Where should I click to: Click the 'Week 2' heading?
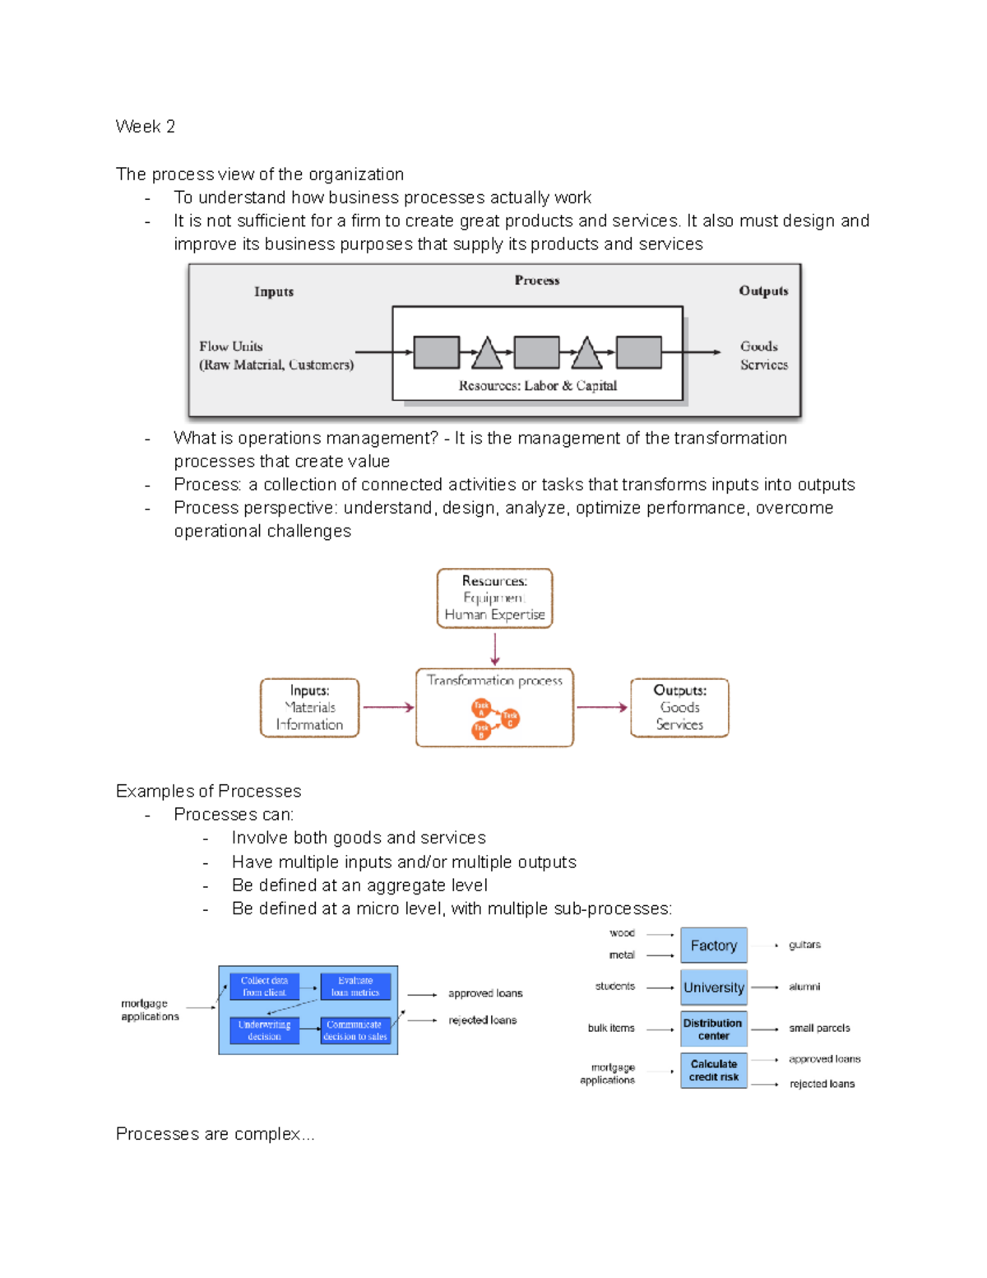pyautogui.click(x=145, y=127)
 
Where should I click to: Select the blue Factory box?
pyautogui.click(x=713, y=946)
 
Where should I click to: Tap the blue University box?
pyautogui.click(x=713, y=988)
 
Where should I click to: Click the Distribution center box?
pyautogui.click(x=713, y=1029)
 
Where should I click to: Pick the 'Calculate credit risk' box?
pyautogui.click(x=713, y=1070)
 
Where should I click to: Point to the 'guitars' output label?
pyautogui.click(x=804, y=945)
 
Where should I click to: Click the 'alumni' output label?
pyautogui.click(x=804, y=987)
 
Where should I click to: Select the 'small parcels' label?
pyautogui.click(x=819, y=1028)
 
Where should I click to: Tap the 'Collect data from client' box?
pyautogui.click(x=264, y=987)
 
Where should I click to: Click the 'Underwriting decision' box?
pyautogui.click(x=264, y=1030)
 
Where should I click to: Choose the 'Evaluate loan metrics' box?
pyautogui.click(x=354, y=987)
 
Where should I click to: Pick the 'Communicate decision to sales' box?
pyautogui.click(x=354, y=1030)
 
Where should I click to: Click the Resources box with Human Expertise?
pyautogui.click(x=494, y=598)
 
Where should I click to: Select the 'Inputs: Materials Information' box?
pyautogui.click(x=309, y=708)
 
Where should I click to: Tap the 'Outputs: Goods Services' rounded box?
pyautogui.click(x=679, y=708)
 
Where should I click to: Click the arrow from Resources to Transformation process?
pyautogui.click(x=494, y=648)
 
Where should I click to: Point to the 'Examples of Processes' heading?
pyautogui.click(x=208, y=791)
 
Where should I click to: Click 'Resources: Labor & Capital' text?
pyautogui.click(x=537, y=386)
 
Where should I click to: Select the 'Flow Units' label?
pyautogui.click(x=230, y=346)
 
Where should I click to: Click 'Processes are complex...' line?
pyautogui.click(x=215, y=1134)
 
